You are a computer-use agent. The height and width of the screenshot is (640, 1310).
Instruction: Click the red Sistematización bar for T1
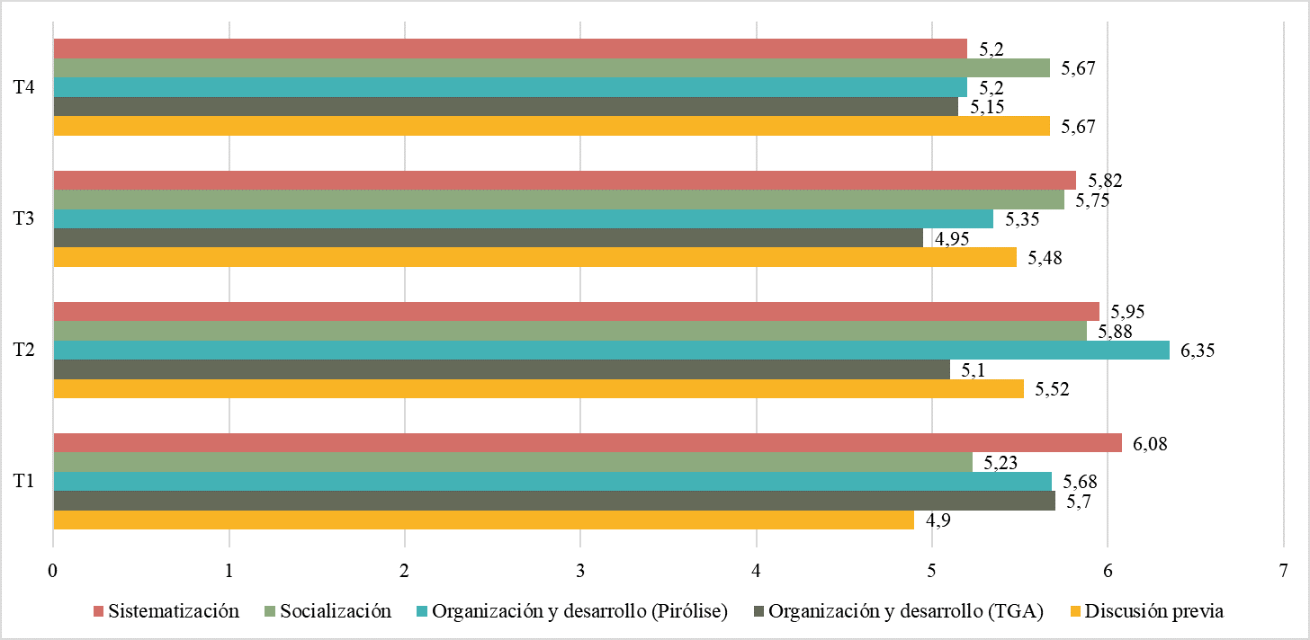tap(588, 443)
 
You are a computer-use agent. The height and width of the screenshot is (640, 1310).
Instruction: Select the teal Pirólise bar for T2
tap(611, 350)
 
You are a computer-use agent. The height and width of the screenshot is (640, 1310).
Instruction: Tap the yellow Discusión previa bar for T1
tap(483, 520)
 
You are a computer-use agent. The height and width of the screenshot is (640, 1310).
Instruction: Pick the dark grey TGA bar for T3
tap(488, 238)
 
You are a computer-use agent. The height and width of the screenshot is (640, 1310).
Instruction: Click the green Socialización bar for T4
tap(552, 67)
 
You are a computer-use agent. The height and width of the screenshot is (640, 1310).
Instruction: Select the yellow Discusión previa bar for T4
tap(552, 126)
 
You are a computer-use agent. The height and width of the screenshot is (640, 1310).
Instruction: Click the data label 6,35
tap(1198, 351)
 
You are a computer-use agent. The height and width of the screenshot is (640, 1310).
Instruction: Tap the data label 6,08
tap(1150, 444)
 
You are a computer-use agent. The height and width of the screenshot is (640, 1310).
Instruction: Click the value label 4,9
tap(935, 521)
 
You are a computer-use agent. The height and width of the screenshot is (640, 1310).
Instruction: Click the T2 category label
tap(24, 350)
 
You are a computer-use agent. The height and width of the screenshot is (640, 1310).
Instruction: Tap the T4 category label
tap(24, 87)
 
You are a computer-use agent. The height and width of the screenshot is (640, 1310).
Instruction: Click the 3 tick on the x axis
tap(580, 571)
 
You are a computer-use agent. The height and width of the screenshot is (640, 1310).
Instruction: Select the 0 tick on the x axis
tap(53, 571)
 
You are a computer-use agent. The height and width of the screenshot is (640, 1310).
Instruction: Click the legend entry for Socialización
tap(336, 611)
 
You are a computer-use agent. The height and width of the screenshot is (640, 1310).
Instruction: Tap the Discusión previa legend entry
tap(1154, 611)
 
